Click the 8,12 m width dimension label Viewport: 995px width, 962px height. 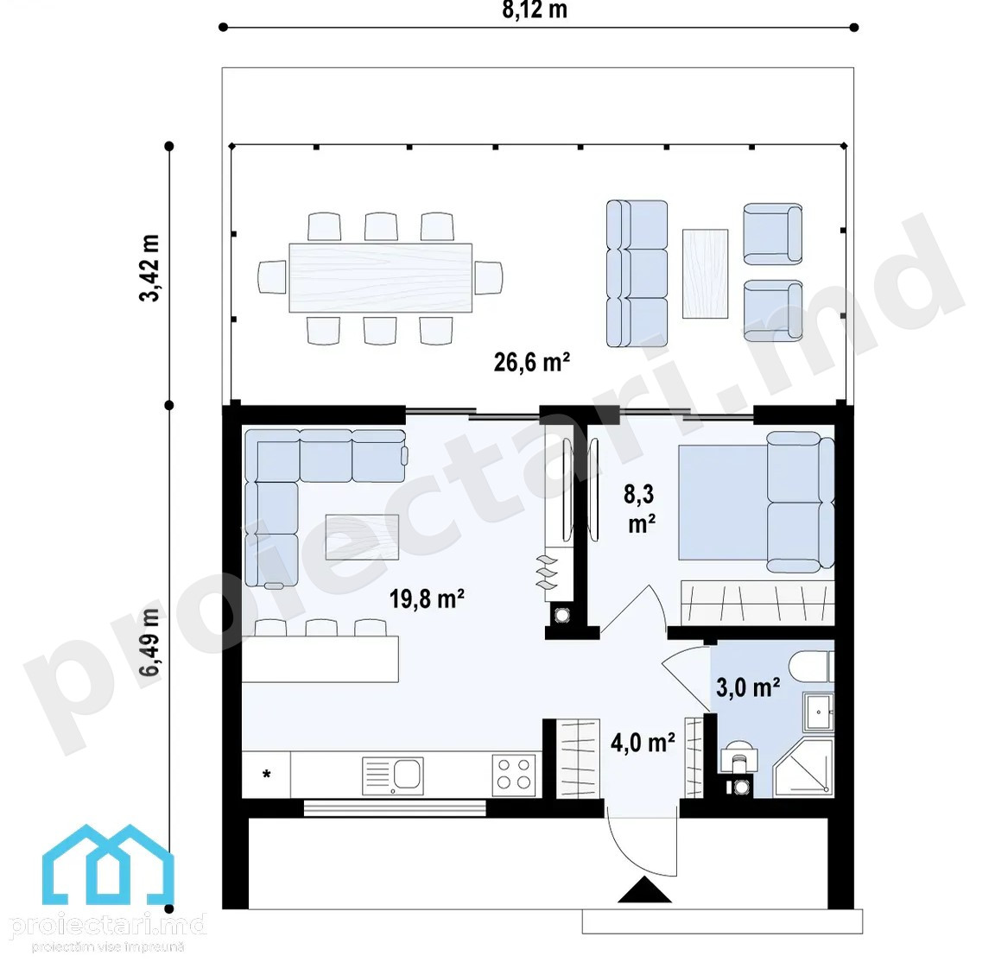[535, 9]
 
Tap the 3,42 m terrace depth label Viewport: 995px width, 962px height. [150, 268]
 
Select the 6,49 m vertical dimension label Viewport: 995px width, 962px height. [150, 642]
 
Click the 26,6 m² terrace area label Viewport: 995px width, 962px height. [532, 363]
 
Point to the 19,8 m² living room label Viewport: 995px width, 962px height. [427, 598]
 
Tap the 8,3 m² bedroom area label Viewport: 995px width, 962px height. [640, 509]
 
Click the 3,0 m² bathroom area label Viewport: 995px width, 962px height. [748, 687]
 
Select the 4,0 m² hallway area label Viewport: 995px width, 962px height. [643, 743]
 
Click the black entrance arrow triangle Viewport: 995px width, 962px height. [644, 889]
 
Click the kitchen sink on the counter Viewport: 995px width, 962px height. [393, 775]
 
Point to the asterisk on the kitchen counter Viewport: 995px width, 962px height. [267, 774]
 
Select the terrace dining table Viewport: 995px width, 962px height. [380, 278]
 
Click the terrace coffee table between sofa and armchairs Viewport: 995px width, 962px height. [705, 274]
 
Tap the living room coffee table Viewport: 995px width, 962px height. [362, 537]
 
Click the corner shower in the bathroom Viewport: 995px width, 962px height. [802, 767]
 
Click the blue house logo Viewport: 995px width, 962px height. [108, 864]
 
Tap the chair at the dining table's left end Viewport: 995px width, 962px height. [272, 277]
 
